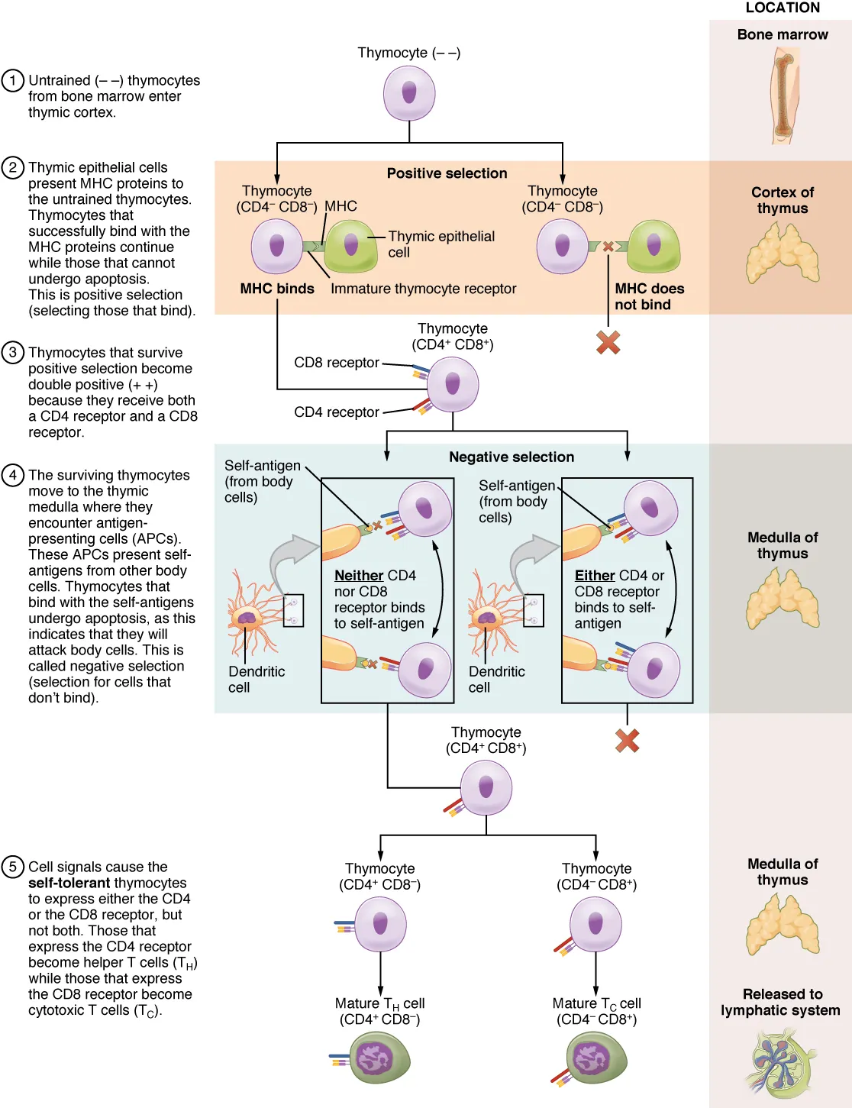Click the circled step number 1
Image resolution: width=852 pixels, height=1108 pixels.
tap(12, 80)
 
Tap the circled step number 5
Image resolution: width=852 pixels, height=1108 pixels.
tap(12, 867)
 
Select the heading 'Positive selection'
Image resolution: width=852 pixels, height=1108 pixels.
tap(447, 173)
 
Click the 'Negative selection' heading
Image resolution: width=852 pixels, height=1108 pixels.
tap(511, 457)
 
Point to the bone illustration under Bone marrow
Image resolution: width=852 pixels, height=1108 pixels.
tap(783, 95)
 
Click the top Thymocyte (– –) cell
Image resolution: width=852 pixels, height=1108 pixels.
tap(409, 94)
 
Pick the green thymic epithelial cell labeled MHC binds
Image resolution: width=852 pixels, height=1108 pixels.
tap(350, 246)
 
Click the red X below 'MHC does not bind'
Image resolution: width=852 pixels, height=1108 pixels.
tap(608, 342)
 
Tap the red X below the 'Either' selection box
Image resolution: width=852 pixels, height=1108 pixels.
tap(627, 740)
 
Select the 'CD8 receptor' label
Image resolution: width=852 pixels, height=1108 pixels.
tap(337, 363)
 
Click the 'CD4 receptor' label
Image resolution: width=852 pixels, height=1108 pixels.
tap(337, 412)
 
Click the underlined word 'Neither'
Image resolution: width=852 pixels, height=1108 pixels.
tap(359, 575)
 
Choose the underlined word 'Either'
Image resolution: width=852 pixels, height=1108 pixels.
tap(595, 575)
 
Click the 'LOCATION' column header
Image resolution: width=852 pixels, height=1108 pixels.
tap(782, 8)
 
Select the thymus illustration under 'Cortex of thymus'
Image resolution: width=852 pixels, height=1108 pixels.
tap(782, 254)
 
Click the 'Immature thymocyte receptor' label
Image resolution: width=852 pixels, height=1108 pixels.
tap(423, 289)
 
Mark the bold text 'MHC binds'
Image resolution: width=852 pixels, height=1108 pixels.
tap(277, 289)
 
